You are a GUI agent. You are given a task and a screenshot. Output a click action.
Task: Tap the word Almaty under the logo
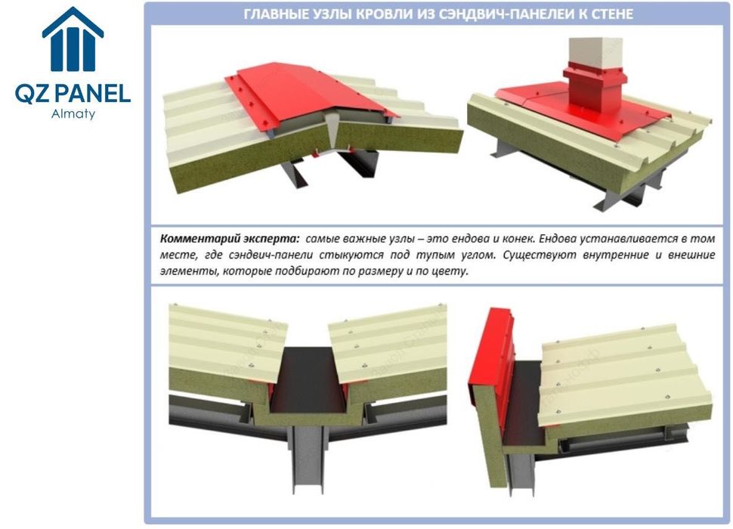coord(73,114)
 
